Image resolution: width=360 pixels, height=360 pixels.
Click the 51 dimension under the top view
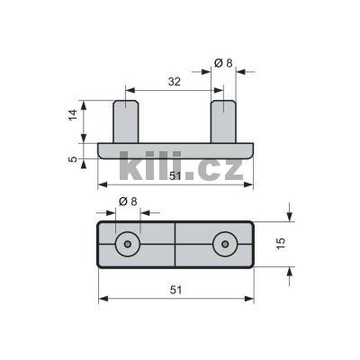pyautogui.click(x=175, y=289)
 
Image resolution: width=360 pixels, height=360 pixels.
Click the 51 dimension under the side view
pyautogui.click(x=175, y=176)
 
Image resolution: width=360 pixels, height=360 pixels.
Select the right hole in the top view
pyautogui.click(x=224, y=244)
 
